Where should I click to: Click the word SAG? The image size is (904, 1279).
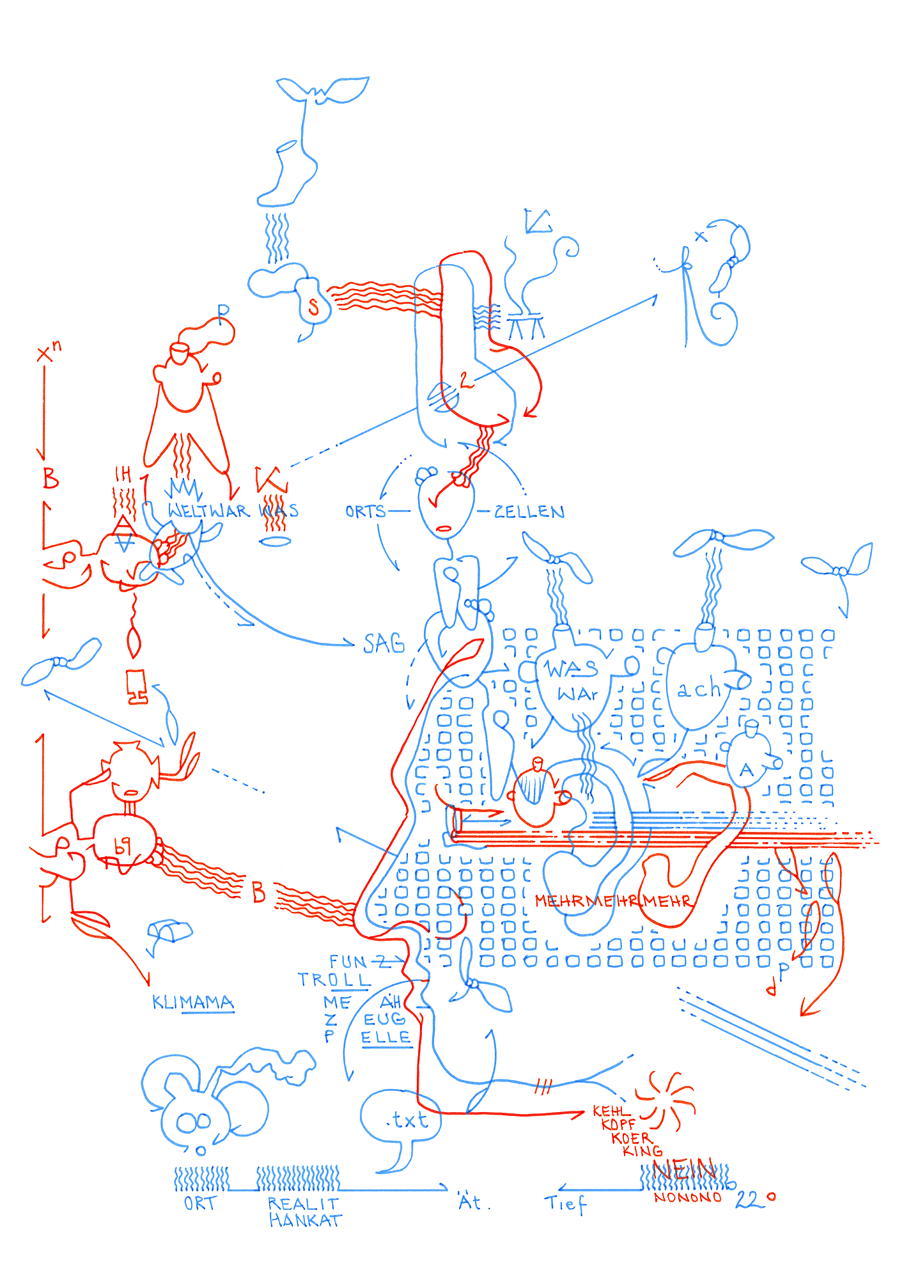pyautogui.click(x=384, y=643)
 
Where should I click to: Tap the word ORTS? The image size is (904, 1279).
pyautogui.click(x=365, y=512)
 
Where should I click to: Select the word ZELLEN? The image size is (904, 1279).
pyautogui.click(x=529, y=512)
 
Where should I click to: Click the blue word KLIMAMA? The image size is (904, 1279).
pyautogui.click(x=192, y=1002)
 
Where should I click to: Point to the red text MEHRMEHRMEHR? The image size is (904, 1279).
pyautogui.click(x=613, y=901)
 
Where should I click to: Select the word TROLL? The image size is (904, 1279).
pyautogui.click(x=334, y=980)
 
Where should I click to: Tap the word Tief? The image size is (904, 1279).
pyautogui.click(x=565, y=1204)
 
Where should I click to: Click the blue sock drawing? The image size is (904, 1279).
pyautogui.click(x=288, y=174)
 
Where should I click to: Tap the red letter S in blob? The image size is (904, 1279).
pyautogui.click(x=313, y=308)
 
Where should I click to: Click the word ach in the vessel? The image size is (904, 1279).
pyautogui.click(x=698, y=690)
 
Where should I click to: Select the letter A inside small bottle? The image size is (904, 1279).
pyautogui.click(x=746, y=770)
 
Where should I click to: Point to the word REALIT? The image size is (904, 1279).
pyautogui.click(x=302, y=1204)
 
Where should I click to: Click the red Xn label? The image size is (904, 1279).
pyautogui.click(x=49, y=352)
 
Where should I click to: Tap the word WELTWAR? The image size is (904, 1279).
pyautogui.click(x=207, y=511)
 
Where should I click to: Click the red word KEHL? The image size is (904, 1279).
pyautogui.click(x=611, y=1111)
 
